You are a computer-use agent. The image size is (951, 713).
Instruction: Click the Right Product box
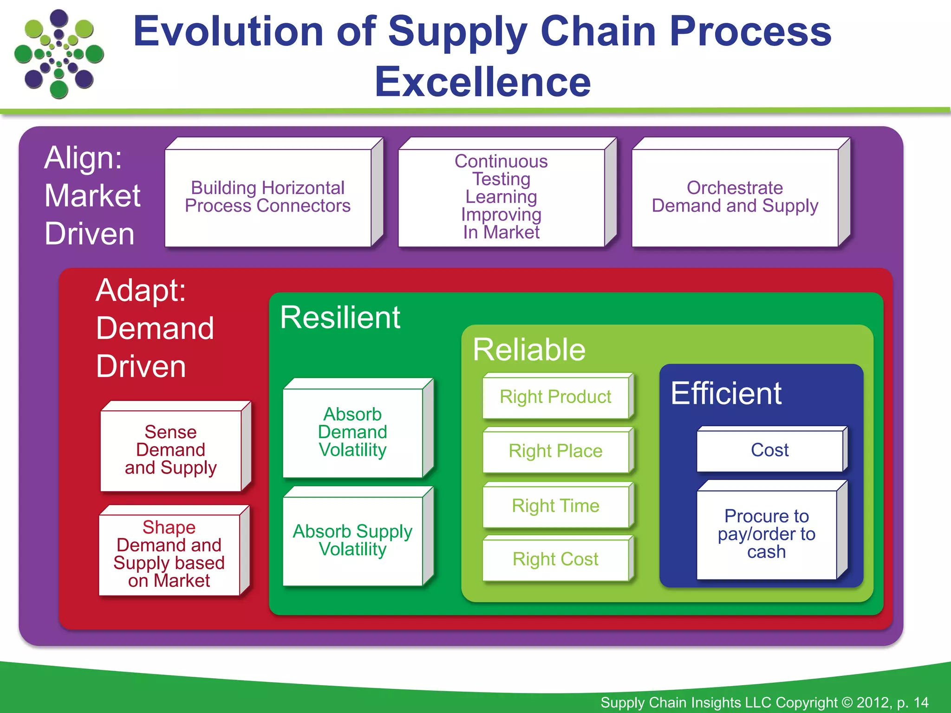(x=555, y=397)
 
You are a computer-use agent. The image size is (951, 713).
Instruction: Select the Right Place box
(x=555, y=451)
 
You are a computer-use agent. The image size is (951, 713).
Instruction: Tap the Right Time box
(x=555, y=506)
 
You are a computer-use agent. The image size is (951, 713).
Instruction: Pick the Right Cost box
(x=555, y=559)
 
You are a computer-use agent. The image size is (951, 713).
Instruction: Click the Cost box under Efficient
(x=769, y=450)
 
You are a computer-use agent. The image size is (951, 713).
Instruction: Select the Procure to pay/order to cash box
(x=767, y=534)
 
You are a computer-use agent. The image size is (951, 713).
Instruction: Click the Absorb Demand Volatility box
(x=353, y=432)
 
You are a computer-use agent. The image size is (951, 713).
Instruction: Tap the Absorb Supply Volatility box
(x=353, y=540)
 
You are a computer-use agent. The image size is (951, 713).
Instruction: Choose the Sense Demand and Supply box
(x=171, y=450)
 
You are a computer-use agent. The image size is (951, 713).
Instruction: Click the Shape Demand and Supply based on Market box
(x=169, y=554)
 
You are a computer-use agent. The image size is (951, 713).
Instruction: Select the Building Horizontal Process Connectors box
(x=268, y=197)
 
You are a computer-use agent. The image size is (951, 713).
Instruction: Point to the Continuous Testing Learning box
(x=502, y=197)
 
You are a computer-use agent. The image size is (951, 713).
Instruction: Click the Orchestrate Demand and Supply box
(x=735, y=197)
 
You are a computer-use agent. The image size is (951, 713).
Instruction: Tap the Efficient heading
(x=726, y=394)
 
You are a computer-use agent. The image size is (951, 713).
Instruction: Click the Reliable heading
(x=529, y=350)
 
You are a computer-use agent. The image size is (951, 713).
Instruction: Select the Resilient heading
(x=340, y=318)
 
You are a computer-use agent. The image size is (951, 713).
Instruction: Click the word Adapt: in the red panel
(x=141, y=291)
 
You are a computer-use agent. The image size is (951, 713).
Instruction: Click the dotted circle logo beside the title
(x=59, y=54)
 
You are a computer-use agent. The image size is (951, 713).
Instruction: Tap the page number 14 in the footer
(x=920, y=702)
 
